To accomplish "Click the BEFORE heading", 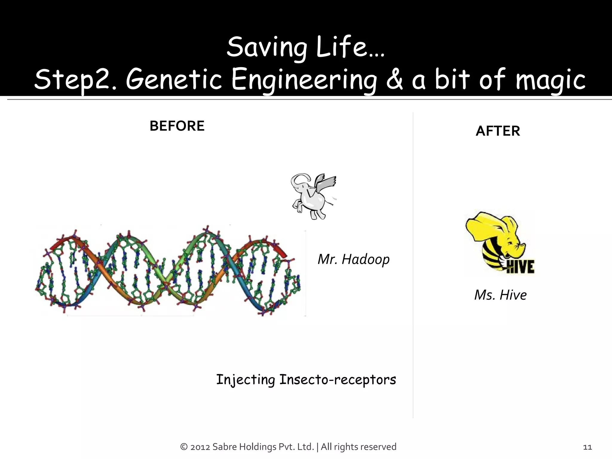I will tap(177, 126).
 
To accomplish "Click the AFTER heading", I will tap(498, 131).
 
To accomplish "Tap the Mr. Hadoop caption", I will tap(354, 259).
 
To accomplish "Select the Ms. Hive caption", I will tap(500, 295).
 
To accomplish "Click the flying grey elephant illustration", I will tap(312, 196).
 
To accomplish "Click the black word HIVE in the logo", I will tap(521, 266).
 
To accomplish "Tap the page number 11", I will tap(587, 447).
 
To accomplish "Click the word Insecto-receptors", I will tap(338, 380).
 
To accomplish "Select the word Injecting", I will tap(245, 380).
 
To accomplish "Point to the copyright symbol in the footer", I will tap(184, 447).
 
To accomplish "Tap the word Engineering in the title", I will tap(304, 79).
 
